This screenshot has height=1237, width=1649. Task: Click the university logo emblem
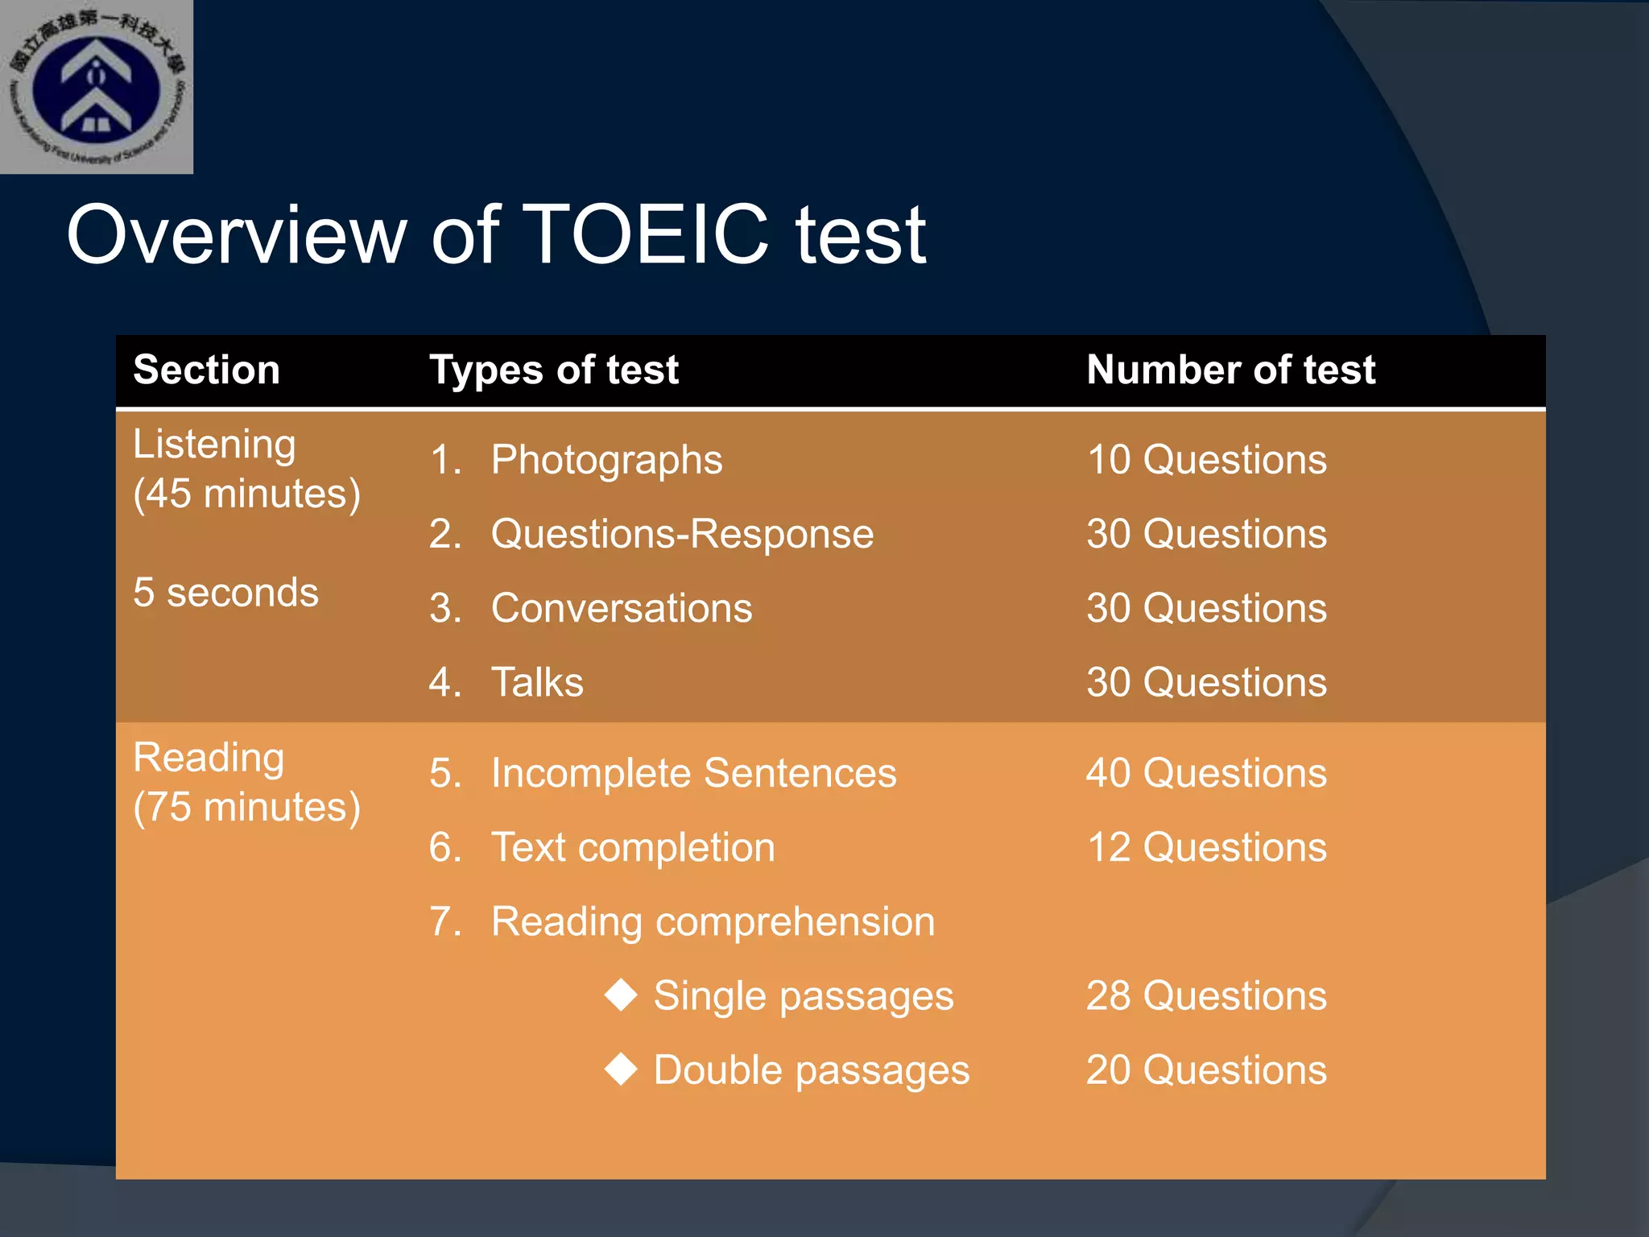tap(96, 87)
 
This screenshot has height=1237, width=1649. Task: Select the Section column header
tap(206, 370)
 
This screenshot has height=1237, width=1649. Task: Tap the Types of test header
tap(554, 370)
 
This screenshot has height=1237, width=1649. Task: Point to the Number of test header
tap(1230, 370)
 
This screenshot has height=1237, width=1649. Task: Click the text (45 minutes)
tap(246, 494)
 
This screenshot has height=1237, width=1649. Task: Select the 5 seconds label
tap(225, 593)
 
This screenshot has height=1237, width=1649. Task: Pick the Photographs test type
tap(606, 460)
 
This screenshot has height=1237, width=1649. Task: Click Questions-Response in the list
tap(682, 534)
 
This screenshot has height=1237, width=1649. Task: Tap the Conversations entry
tap(622, 608)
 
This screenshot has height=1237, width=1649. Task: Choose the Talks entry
tap(537, 682)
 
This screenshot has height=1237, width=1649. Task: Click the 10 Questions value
tap(1206, 460)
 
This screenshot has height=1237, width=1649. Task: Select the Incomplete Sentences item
tap(693, 773)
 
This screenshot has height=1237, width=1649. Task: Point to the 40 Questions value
tap(1206, 773)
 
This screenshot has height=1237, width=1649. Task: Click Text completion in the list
tap(633, 847)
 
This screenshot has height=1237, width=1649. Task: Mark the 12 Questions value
tap(1206, 847)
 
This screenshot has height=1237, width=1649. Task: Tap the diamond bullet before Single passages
tap(621, 995)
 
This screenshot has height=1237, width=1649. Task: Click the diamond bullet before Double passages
tap(621, 1069)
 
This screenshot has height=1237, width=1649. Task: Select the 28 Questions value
tap(1206, 995)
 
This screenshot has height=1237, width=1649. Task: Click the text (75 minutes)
tap(246, 807)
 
